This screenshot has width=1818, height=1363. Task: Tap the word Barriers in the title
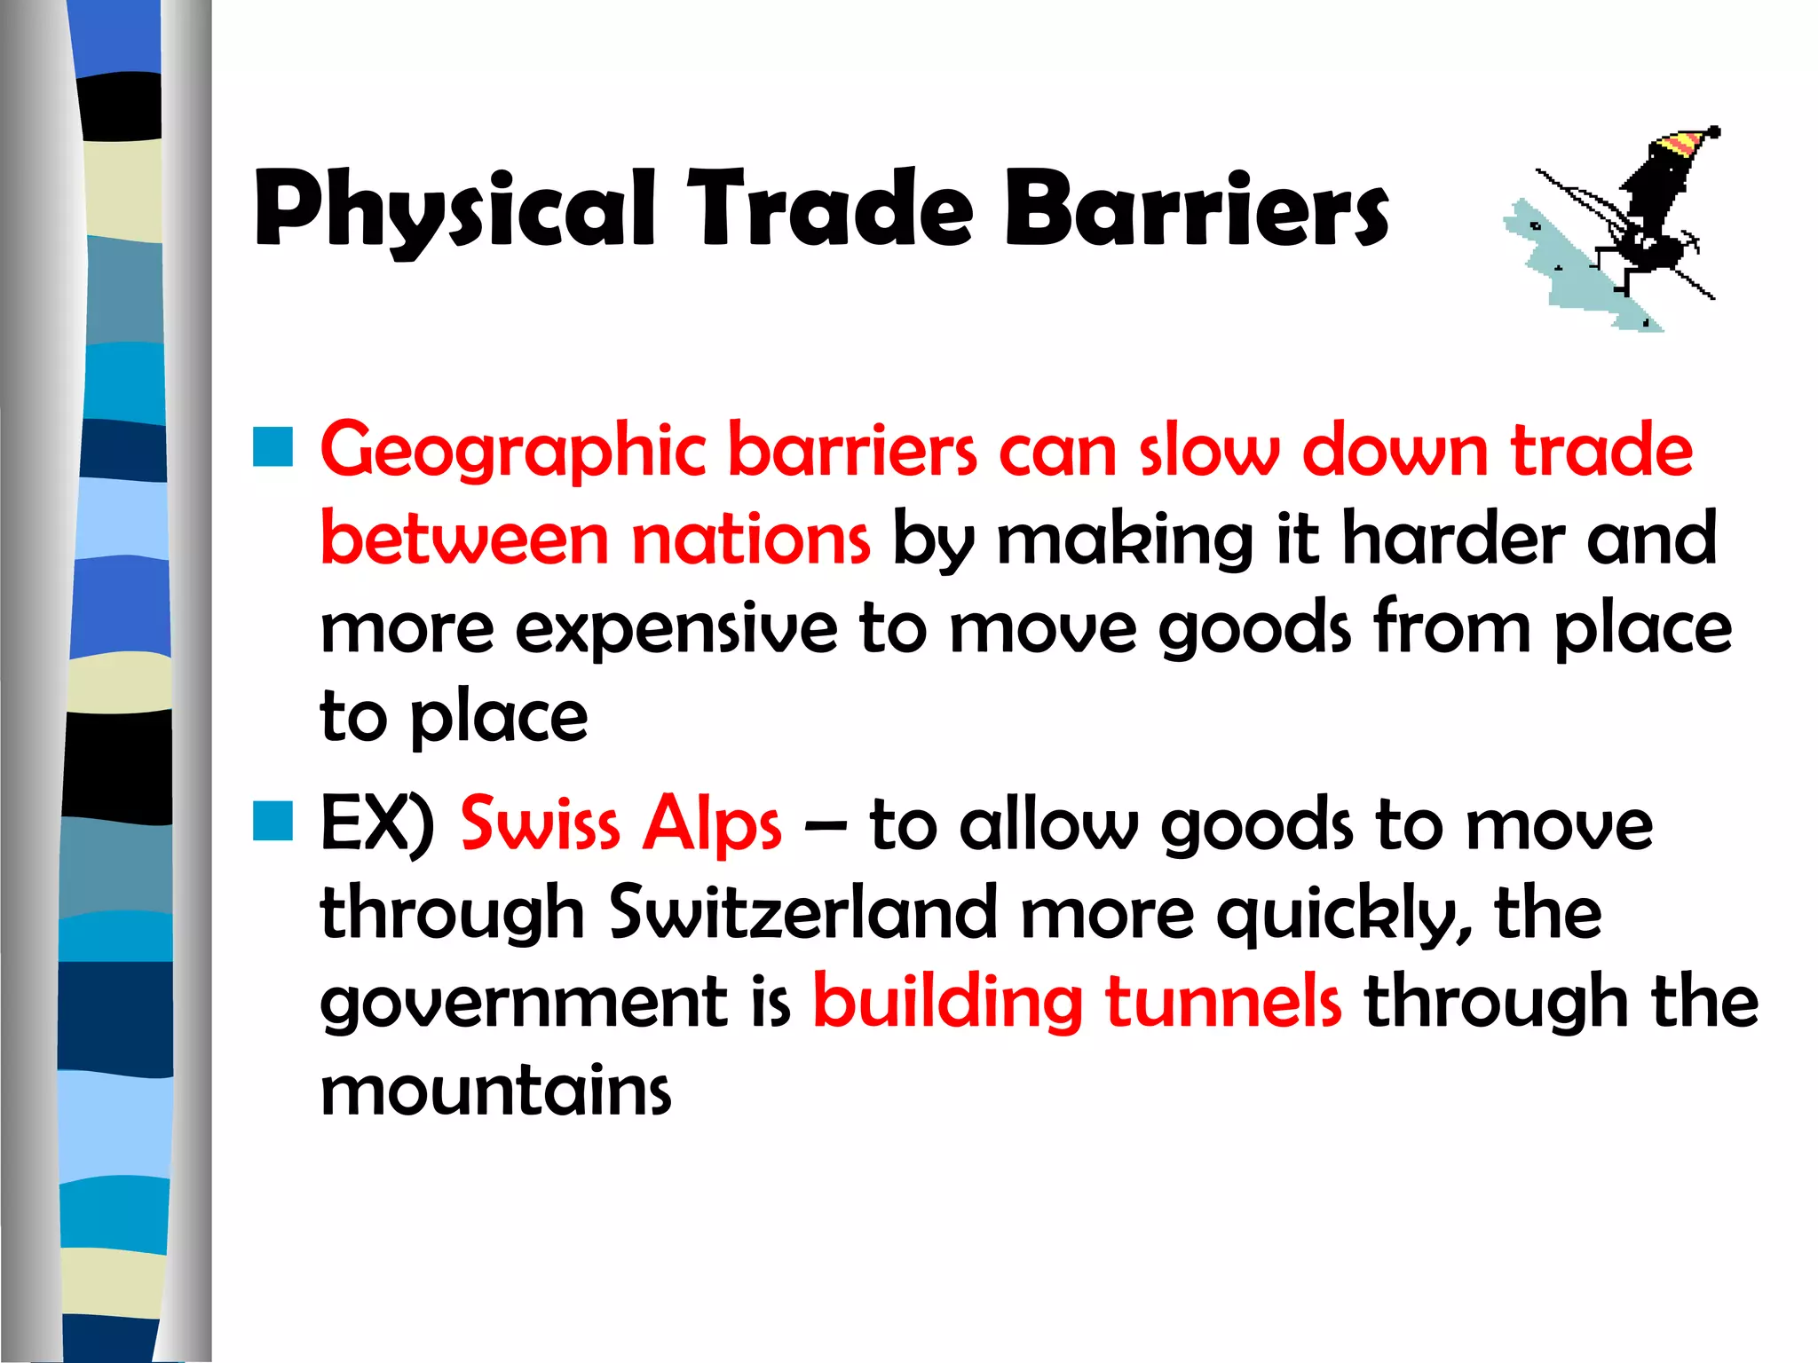(1196, 209)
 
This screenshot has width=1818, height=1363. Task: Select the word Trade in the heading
(832, 209)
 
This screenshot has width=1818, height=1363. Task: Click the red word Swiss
(540, 823)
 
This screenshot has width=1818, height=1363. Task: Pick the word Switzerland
(803, 912)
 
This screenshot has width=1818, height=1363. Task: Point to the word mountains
(495, 1091)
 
